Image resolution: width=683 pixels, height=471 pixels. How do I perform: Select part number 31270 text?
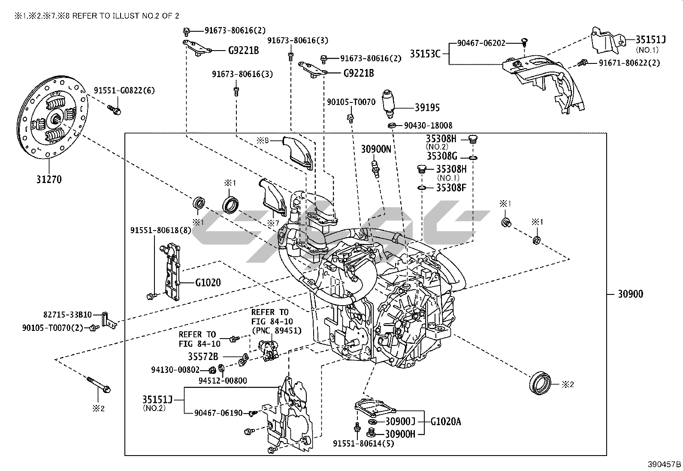tap(48, 179)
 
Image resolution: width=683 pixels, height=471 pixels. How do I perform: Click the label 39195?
tap(427, 108)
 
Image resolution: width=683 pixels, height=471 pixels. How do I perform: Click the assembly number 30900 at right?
tap(630, 294)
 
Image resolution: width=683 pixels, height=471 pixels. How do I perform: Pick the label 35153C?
tap(425, 54)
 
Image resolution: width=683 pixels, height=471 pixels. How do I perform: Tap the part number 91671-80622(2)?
tap(629, 63)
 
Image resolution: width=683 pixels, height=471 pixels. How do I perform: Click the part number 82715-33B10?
tap(67, 315)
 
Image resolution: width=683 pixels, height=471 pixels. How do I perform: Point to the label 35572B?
tap(203, 356)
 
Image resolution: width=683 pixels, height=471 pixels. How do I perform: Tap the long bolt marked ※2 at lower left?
tap(99, 384)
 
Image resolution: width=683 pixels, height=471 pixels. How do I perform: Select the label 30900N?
tap(376, 149)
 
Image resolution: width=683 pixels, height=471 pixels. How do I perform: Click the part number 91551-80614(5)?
tap(363, 444)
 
